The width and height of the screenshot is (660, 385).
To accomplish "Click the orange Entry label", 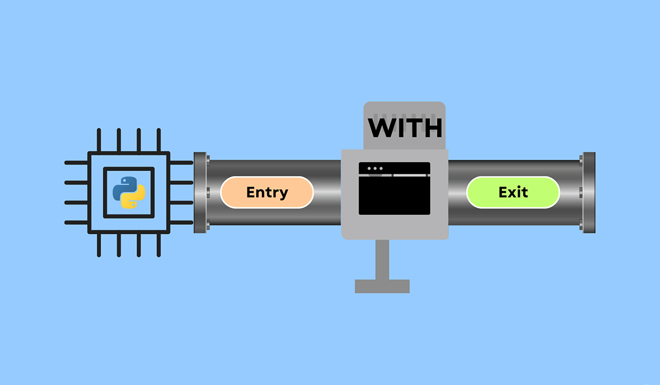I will point(267,193).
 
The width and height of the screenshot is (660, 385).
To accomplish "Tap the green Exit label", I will point(513,193).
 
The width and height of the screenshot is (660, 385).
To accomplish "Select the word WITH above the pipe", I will point(405,128).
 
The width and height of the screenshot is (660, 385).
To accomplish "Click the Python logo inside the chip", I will point(129,192).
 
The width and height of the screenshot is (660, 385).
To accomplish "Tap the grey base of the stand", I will point(382,286).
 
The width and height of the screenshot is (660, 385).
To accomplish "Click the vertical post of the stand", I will point(382,259).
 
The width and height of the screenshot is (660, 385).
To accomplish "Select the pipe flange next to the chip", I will point(201,193).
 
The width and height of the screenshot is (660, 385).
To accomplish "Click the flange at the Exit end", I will point(588,193).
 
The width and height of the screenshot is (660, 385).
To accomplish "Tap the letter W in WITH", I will point(381,128).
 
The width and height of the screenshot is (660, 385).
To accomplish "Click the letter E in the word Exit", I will point(503,193).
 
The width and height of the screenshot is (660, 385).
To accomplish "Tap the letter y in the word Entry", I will point(283,194).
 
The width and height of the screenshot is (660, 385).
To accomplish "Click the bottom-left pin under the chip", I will point(99,245).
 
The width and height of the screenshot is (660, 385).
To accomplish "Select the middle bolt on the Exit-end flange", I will point(581,193).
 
